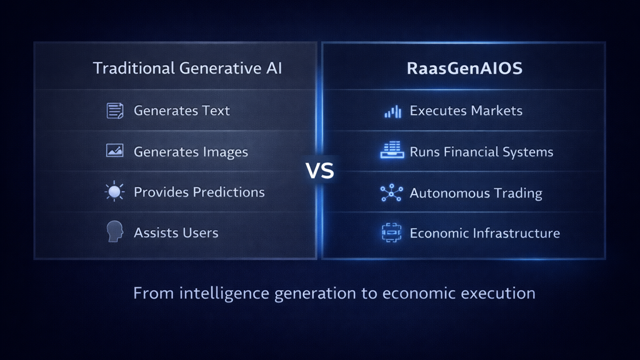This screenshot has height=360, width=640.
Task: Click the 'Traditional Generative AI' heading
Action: point(187,68)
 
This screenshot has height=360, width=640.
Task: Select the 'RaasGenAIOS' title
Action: point(464,68)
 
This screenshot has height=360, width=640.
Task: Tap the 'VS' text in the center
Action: point(319,171)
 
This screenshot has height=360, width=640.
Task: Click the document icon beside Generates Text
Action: point(115,110)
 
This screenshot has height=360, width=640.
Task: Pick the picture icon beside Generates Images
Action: point(115,150)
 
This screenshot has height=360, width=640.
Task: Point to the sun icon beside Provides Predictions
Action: point(115,192)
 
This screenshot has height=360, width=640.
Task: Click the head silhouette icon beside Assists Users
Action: point(115,232)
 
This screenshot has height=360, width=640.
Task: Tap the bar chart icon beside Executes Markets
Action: point(392,111)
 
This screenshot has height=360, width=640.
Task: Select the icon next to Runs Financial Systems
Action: point(391,150)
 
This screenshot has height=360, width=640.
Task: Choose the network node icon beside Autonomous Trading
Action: point(391,192)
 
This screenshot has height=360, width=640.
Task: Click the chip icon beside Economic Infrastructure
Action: point(391,233)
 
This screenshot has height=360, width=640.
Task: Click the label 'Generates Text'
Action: point(181,110)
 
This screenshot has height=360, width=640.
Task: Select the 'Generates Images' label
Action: point(190,151)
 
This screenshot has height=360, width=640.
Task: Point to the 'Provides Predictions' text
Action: point(199,192)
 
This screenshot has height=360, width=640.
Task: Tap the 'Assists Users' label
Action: point(176,232)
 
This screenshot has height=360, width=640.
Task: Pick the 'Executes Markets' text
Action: point(466,110)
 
